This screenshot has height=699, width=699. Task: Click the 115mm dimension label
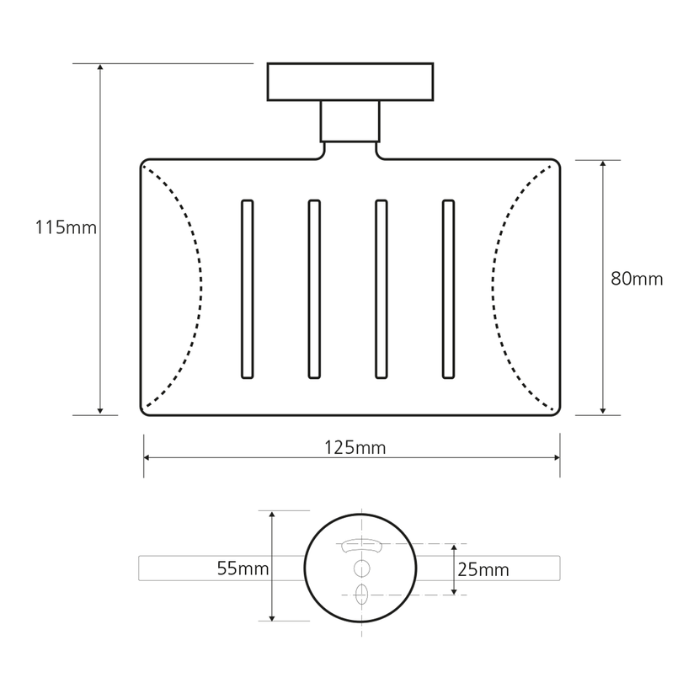click(x=66, y=227)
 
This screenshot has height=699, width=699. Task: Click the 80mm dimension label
click(x=637, y=279)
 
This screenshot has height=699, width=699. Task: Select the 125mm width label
click(x=355, y=447)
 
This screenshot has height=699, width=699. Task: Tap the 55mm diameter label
click(x=243, y=568)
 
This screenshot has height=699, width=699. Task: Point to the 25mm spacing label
click(x=483, y=569)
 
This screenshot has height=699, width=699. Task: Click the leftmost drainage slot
click(x=248, y=290)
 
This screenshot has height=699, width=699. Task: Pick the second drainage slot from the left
click(x=314, y=290)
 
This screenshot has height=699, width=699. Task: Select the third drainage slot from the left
click(x=382, y=290)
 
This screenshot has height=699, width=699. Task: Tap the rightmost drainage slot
click(x=449, y=290)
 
